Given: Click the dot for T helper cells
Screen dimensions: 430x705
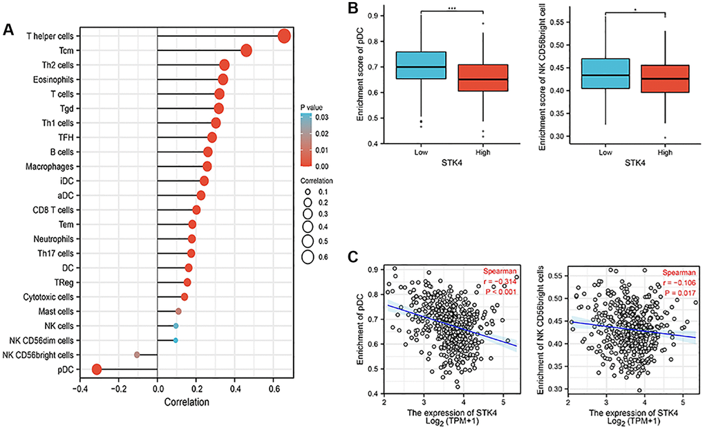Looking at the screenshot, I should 284,36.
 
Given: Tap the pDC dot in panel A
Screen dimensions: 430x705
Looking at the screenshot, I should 97,370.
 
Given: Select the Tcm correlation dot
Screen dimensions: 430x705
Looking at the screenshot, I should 246,50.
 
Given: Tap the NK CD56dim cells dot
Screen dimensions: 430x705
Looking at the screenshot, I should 176,341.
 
